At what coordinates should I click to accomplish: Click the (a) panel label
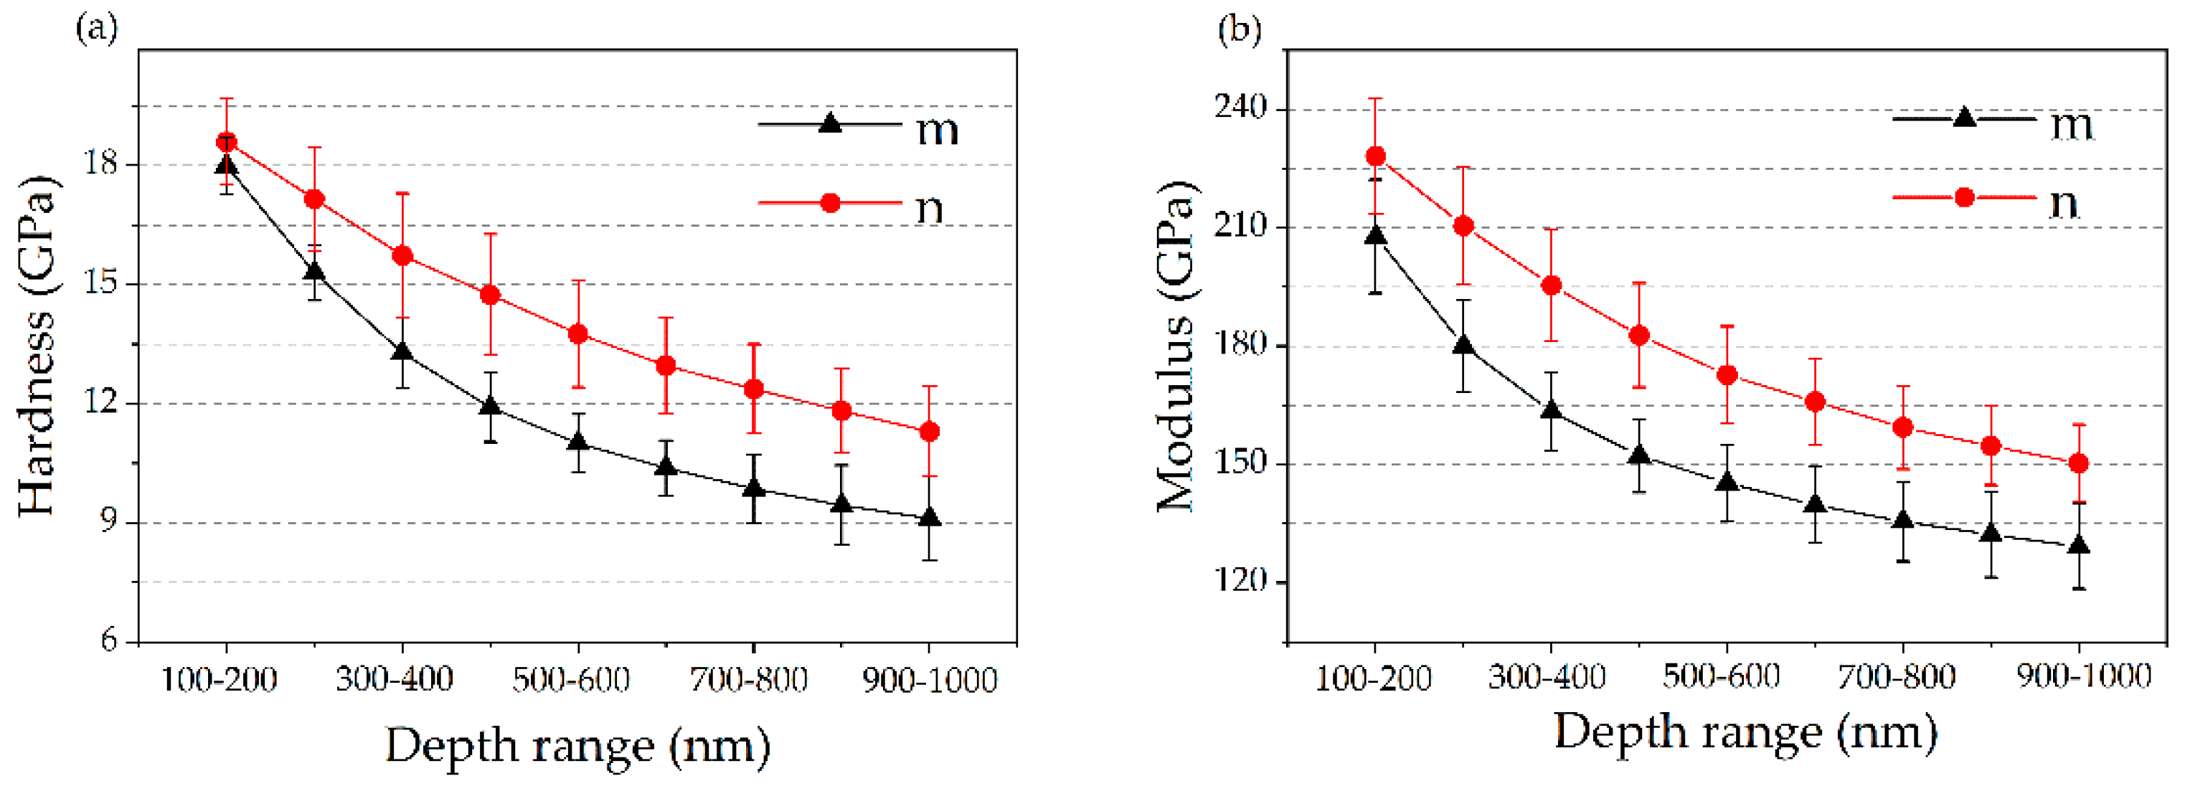[96, 29]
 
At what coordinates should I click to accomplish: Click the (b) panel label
[1240, 29]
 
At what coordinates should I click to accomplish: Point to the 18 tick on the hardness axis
[101, 164]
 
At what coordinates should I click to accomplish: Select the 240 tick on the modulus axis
[1240, 108]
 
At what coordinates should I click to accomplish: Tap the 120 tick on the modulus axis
[1240, 581]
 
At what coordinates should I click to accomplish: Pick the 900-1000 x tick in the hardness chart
[929, 680]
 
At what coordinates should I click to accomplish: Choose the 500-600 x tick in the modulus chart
[1720, 676]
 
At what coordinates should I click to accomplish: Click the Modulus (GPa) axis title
[1176, 346]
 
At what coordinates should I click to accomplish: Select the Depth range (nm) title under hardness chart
[577, 746]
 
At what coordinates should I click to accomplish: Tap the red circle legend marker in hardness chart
[831, 203]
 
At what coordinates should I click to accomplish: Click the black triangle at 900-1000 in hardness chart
[930, 518]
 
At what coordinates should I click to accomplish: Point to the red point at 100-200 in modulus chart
[1376, 156]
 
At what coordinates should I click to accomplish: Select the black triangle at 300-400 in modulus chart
[1552, 410]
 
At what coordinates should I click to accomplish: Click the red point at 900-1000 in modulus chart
[2079, 463]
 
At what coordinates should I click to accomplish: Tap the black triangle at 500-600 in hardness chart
[577, 442]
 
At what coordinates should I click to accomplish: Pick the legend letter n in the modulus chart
[2064, 204]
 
